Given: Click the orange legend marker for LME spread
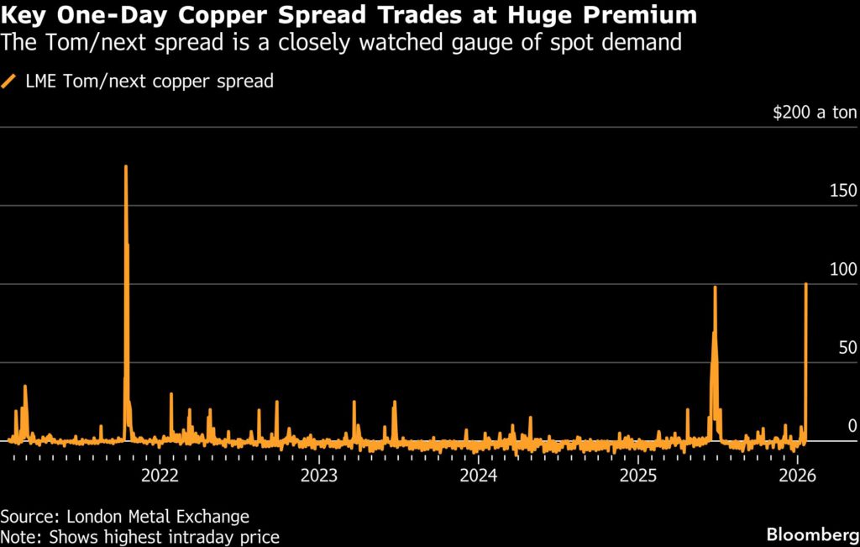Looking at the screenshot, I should (x=10, y=82).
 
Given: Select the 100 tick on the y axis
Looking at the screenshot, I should (x=842, y=270).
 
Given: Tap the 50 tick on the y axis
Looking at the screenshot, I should (x=846, y=348).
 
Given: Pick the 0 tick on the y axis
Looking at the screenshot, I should (x=852, y=426).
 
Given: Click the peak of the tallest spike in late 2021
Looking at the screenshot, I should (x=126, y=166).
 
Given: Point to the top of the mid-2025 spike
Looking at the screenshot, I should (x=715, y=287).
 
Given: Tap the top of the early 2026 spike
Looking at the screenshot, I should (x=806, y=284).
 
